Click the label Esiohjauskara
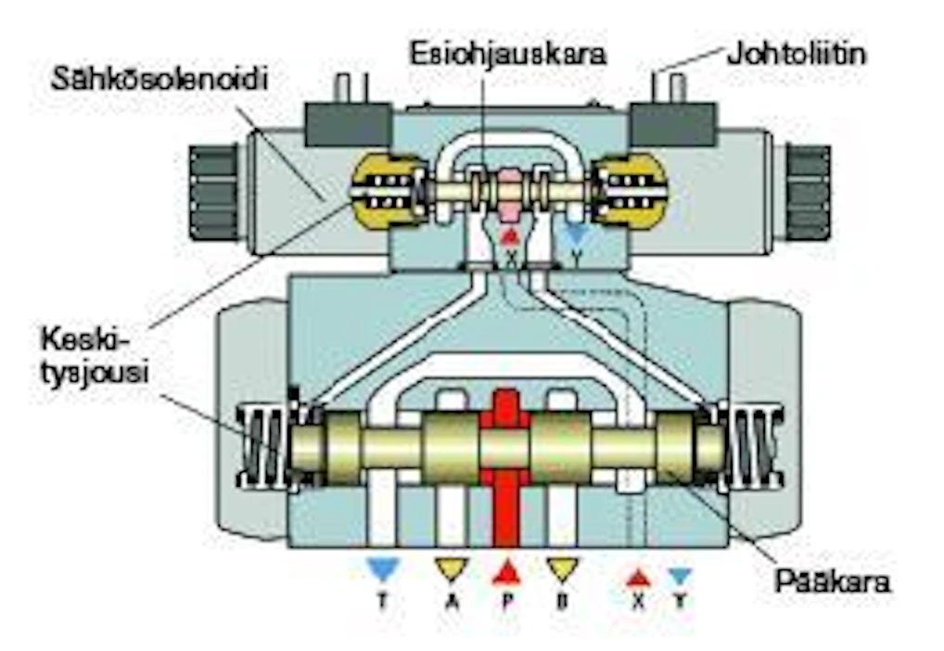507,54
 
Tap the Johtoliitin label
797,54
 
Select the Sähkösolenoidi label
159,79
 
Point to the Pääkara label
832,581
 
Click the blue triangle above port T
383,568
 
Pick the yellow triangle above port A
452,568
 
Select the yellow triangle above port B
562,568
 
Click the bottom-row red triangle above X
638,578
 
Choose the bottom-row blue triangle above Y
681,577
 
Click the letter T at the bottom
382,600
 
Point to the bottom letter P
507,600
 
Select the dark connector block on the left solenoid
349,124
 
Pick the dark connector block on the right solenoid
672,124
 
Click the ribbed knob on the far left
213,193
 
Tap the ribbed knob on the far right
808,193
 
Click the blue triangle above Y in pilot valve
577,234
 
